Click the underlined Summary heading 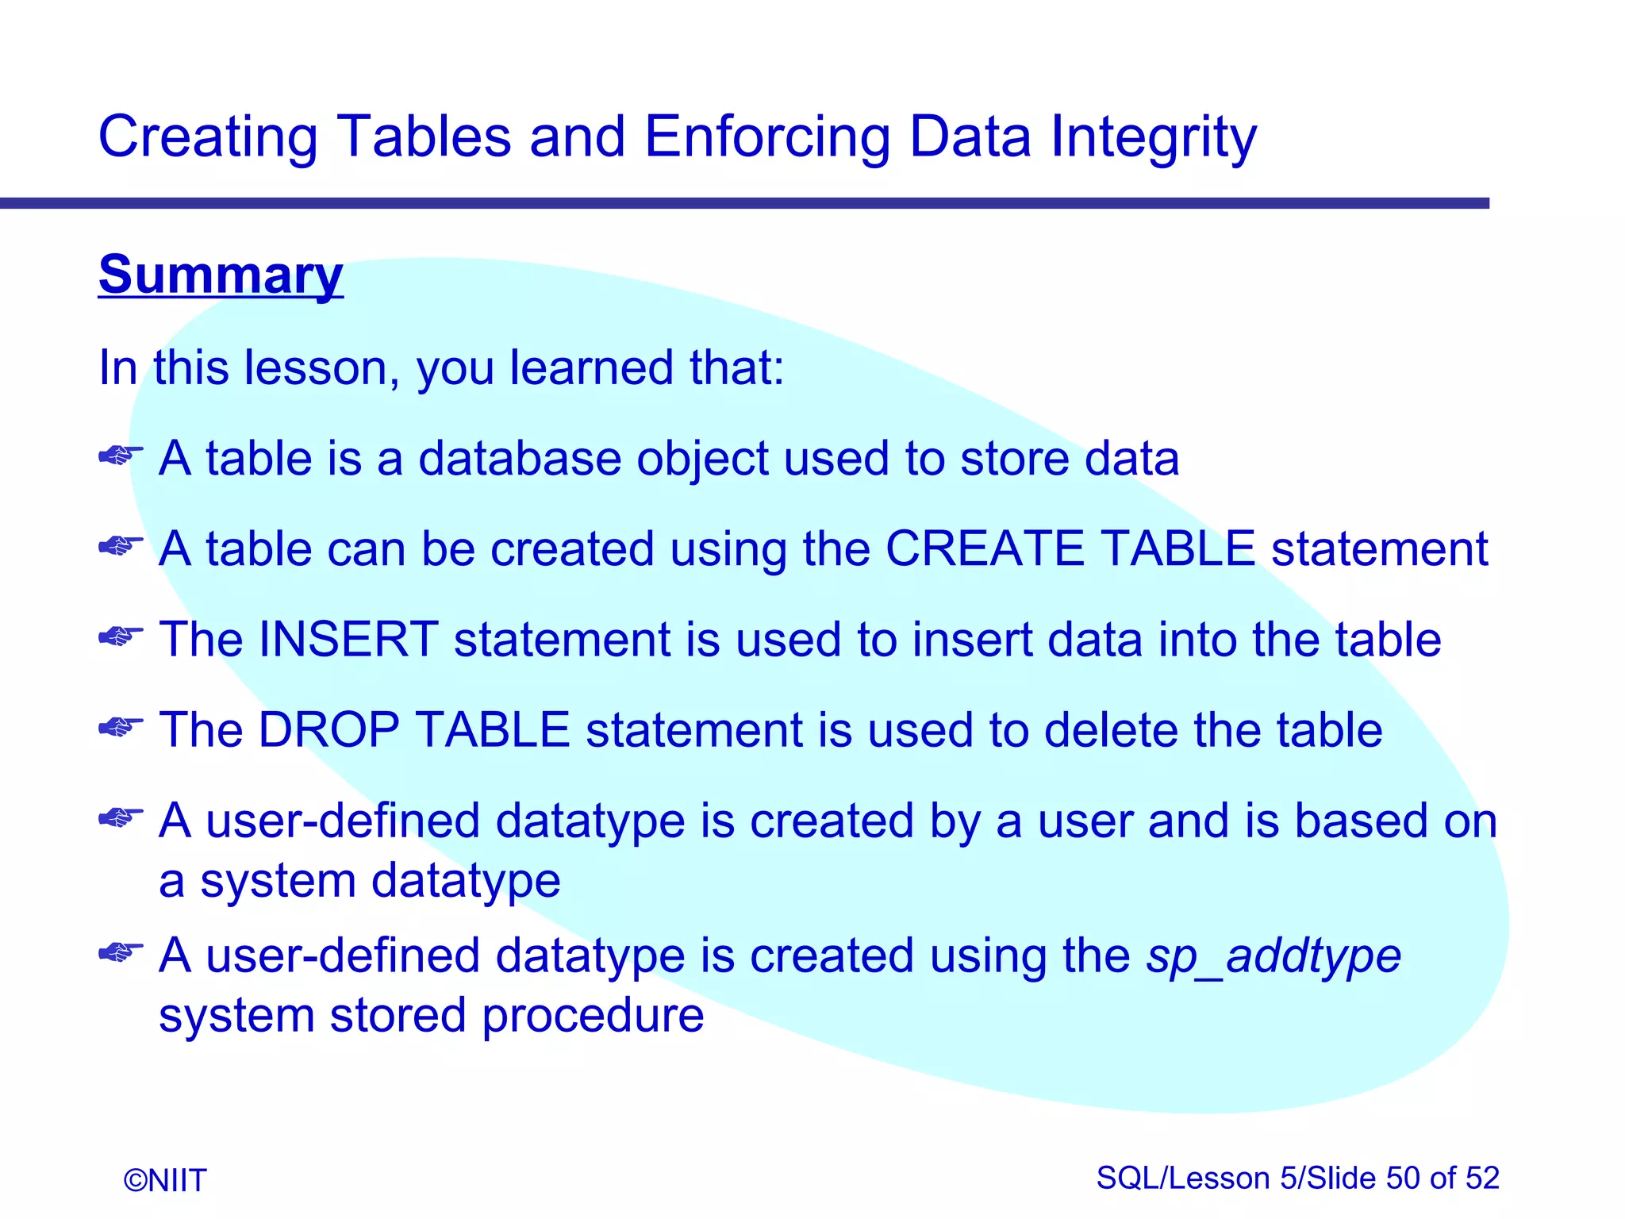point(221,275)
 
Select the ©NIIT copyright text point(165,1180)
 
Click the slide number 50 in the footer point(1403,1178)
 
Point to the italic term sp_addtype point(1273,955)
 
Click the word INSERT point(348,639)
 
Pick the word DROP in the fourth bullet point(328,729)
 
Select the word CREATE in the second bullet point(985,548)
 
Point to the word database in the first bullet point(519,459)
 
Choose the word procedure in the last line point(593,1016)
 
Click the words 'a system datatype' point(359,881)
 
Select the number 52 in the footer point(1481,1178)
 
